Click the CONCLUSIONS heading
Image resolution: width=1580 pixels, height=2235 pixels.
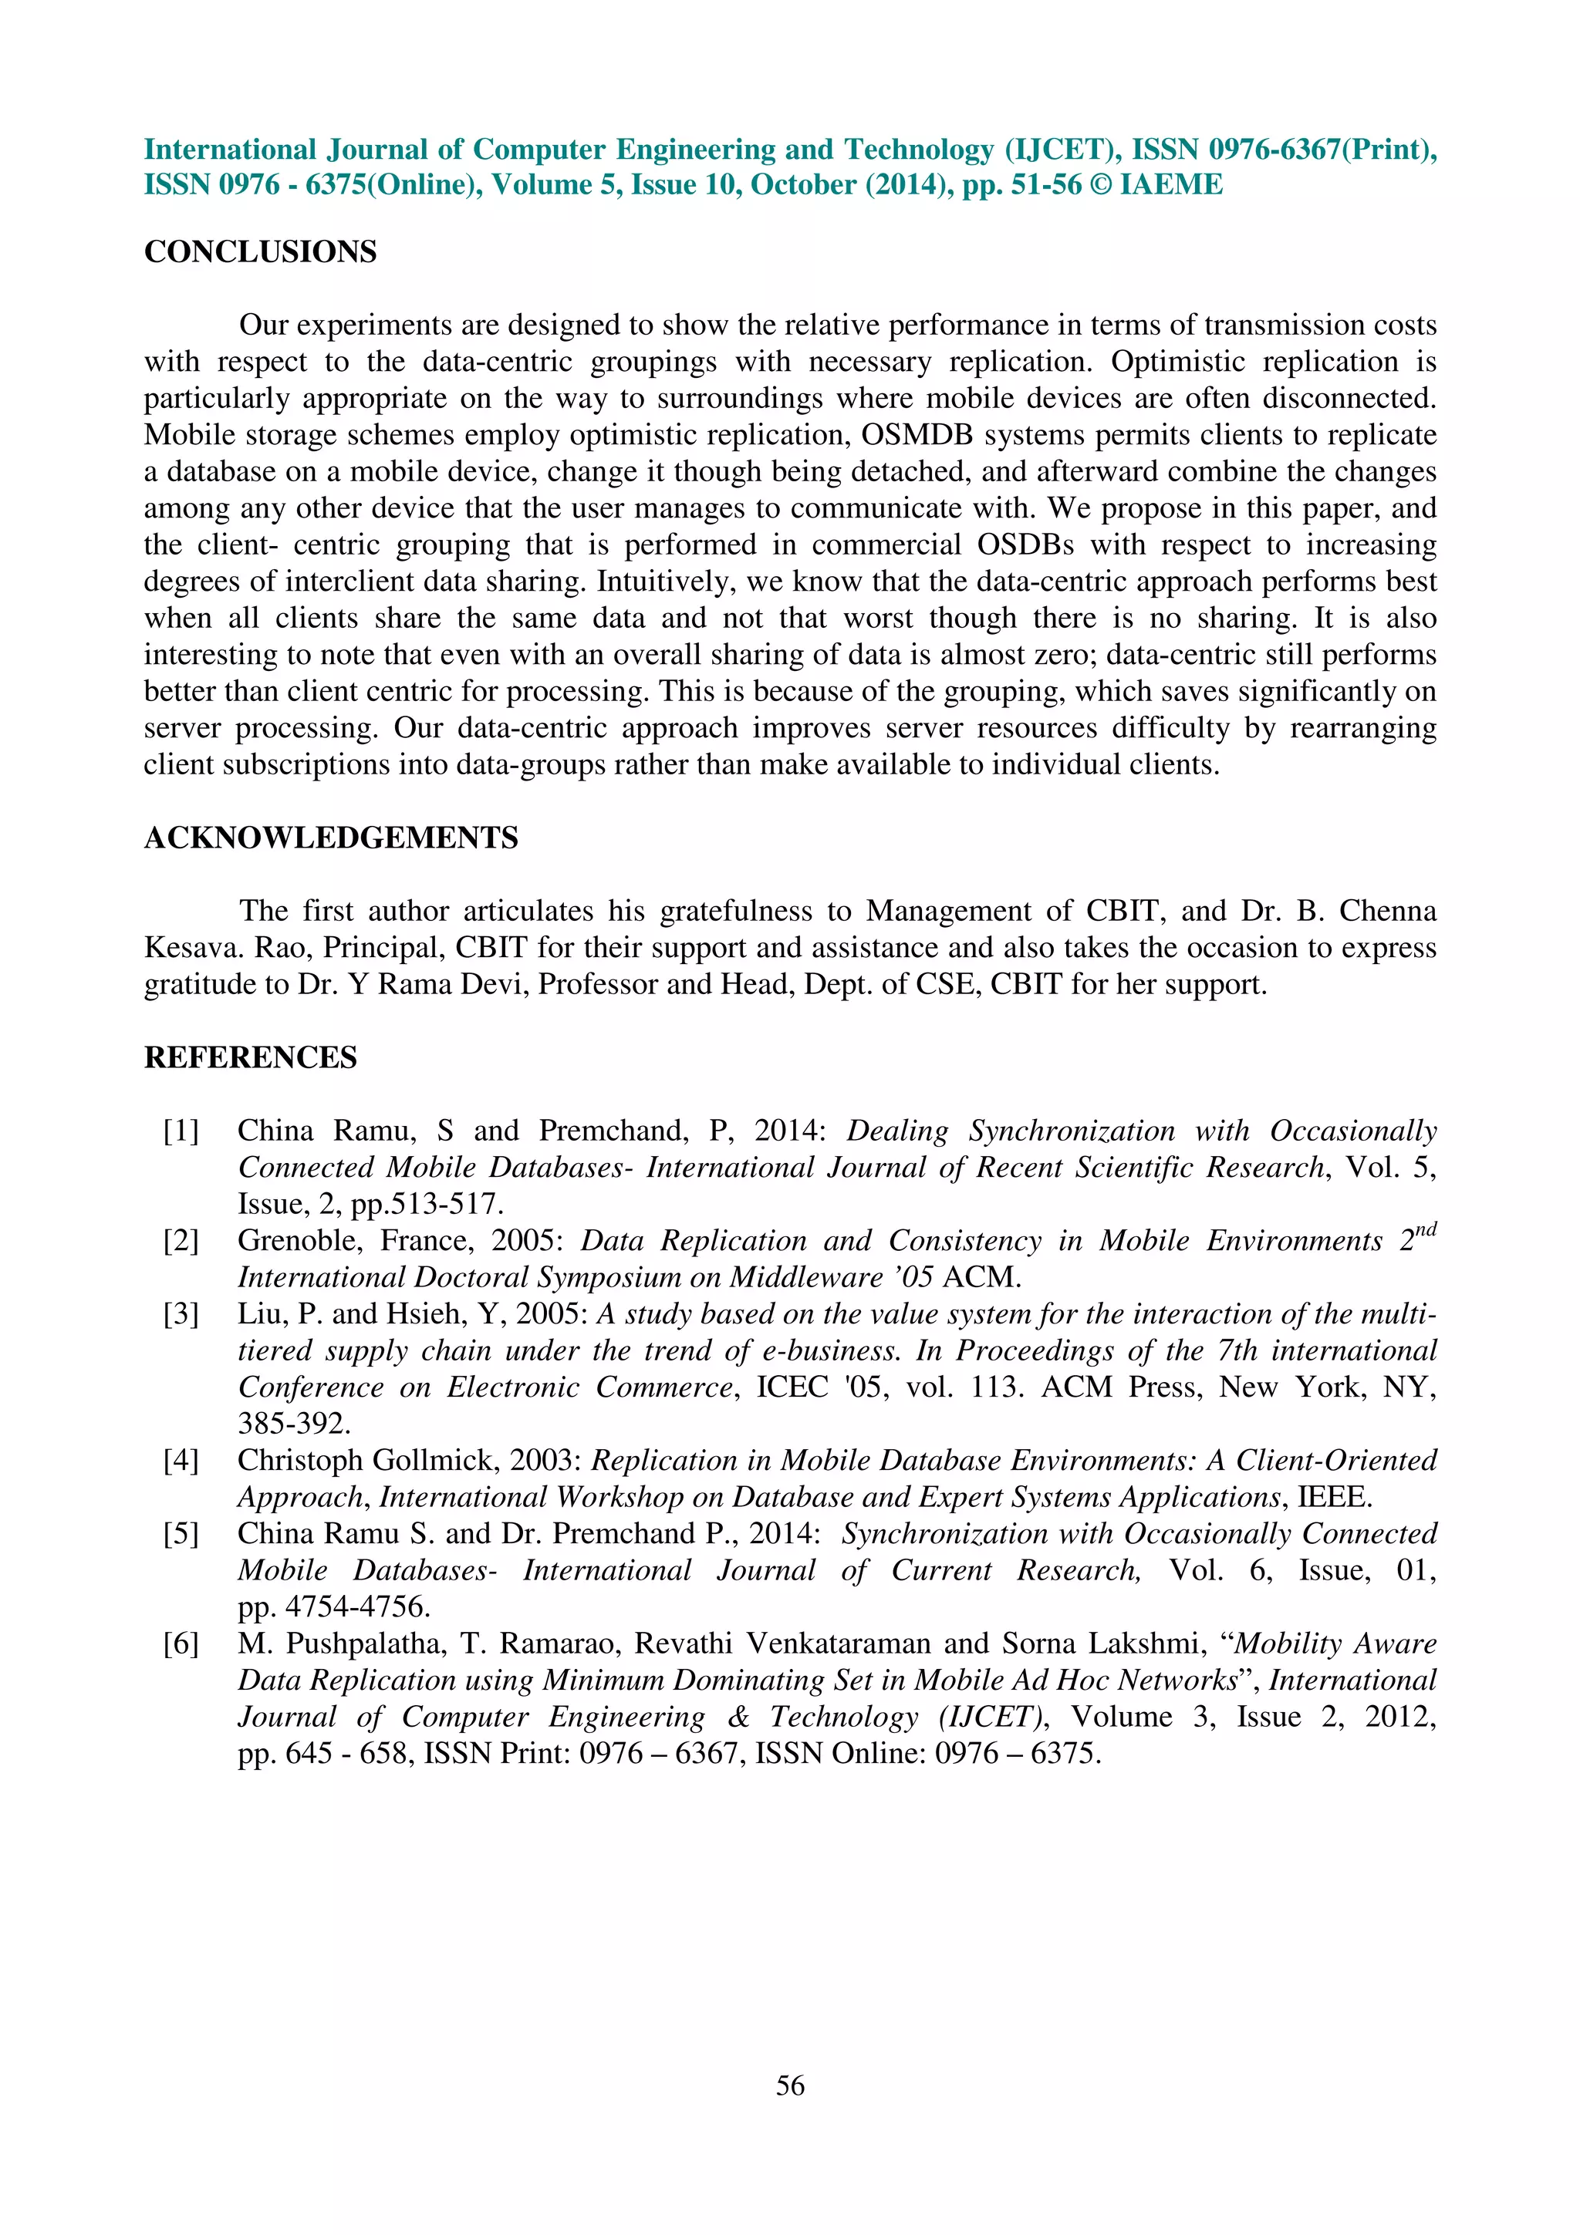tap(260, 252)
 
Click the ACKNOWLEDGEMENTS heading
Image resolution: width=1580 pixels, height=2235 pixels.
tap(331, 838)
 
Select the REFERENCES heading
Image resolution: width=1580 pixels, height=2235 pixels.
tap(250, 1058)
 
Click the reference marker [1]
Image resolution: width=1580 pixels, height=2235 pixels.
tap(181, 1131)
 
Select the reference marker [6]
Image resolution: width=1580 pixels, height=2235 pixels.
tap(181, 1644)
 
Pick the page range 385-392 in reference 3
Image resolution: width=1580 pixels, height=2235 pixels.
tap(294, 1424)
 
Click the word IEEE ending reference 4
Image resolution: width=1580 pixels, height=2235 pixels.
tap(1332, 1497)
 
